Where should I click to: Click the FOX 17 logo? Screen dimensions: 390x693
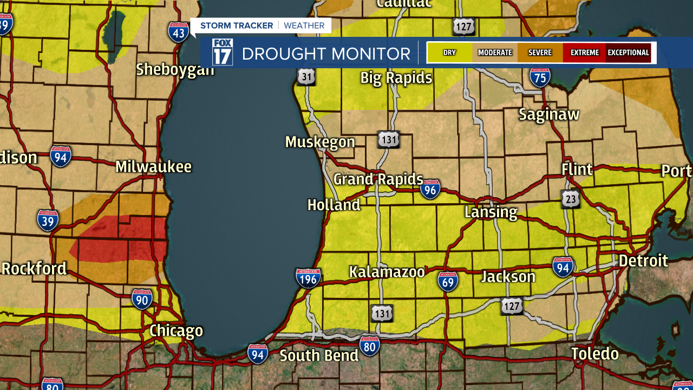pyautogui.click(x=222, y=53)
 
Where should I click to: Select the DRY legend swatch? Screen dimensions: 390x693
pyautogui.click(x=449, y=53)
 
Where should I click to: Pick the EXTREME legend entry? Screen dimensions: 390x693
pyautogui.click(x=584, y=53)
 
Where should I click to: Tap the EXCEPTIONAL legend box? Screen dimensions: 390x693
pyautogui.click(x=628, y=53)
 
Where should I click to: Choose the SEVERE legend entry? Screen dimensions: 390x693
pyautogui.click(x=540, y=53)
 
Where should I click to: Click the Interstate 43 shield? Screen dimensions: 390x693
pyautogui.click(x=178, y=32)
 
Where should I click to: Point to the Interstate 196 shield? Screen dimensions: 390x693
pyautogui.click(x=308, y=277)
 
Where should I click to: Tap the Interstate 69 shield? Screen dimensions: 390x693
pyautogui.click(x=448, y=281)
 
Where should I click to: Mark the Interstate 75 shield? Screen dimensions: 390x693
pyautogui.click(x=540, y=77)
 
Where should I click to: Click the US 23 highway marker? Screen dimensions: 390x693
pyautogui.click(x=570, y=199)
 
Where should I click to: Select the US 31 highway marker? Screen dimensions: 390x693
pyautogui.click(x=306, y=77)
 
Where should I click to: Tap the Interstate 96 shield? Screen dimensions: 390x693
pyautogui.click(x=430, y=190)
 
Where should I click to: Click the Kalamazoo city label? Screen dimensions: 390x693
pyautogui.click(x=387, y=272)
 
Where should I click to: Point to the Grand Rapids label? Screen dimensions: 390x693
pyautogui.click(x=378, y=179)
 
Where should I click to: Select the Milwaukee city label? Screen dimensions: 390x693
pyautogui.click(x=153, y=167)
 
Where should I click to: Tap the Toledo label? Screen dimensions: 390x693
pyautogui.click(x=594, y=354)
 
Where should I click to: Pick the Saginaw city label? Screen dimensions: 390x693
pyautogui.click(x=549, y=114)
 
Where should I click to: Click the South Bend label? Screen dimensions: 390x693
pyautogui.click(x=319, y=356)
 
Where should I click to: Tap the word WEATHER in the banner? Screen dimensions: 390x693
pyautogui.click(x=304, y=25)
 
